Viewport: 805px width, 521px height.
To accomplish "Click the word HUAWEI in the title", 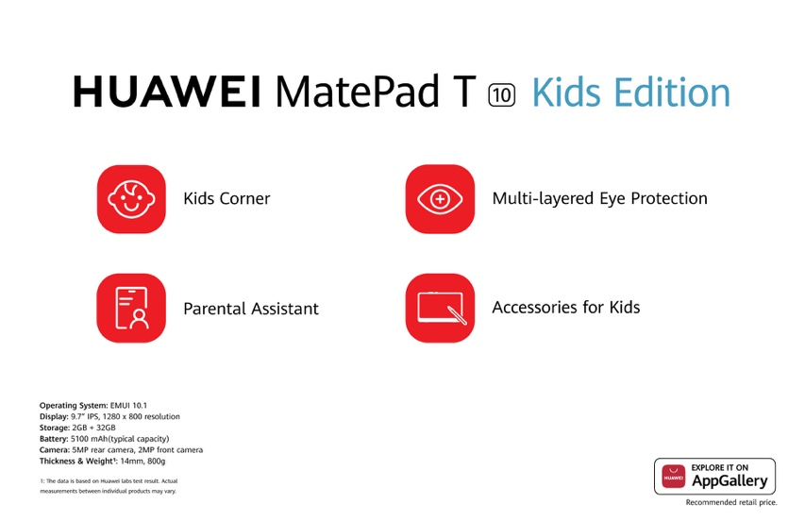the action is coord(167,92).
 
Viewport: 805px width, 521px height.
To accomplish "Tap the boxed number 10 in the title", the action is coord(501,95).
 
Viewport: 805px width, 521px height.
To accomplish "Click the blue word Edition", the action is coord(672,92).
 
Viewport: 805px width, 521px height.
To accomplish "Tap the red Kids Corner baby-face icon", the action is coord(131,199).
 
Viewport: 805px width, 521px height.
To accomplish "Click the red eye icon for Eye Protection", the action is coord(440,199).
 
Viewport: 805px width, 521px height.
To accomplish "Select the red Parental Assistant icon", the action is coord(131,308).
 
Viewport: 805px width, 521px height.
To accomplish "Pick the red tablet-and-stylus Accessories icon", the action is coord(440,308).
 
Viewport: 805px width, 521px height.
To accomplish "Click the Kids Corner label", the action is coord(226,198).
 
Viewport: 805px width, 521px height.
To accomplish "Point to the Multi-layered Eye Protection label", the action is coord(599,198).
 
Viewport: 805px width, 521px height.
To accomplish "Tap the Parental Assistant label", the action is coord(251,309).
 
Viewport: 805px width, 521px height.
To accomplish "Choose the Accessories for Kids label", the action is coord(565,308).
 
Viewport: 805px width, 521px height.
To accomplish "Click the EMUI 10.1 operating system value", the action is coord(128,406).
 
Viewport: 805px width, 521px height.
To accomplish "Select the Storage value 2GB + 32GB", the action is coord(93,428).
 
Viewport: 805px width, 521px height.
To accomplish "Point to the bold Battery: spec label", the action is coord(54,439).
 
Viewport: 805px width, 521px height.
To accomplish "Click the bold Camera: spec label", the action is coord(55,450).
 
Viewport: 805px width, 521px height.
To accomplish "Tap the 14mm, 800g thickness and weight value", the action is coord(143,462).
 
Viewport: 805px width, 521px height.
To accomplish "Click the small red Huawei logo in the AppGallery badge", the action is coord(673,477).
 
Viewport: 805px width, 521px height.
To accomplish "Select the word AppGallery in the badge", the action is coord(730,481).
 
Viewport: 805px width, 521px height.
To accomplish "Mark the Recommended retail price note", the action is coord(731,502).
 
